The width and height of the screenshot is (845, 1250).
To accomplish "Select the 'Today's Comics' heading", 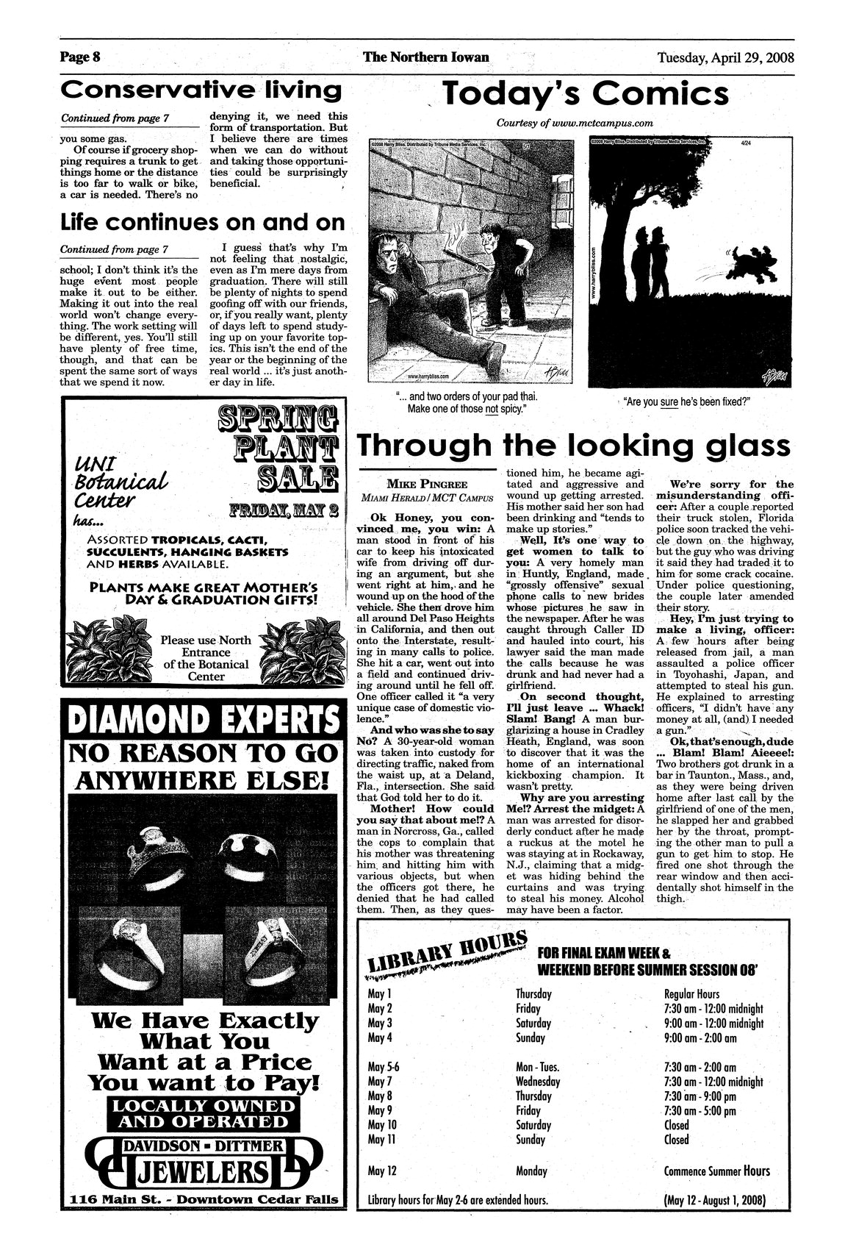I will (x=584, y=95).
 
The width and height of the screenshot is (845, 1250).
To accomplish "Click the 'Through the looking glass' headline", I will (x=572, y=446).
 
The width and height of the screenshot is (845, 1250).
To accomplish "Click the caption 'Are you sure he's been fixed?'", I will (x=690, y=402).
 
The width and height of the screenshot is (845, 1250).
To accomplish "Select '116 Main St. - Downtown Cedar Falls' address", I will (x=204, y=1199).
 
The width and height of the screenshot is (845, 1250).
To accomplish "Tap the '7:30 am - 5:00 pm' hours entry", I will (x=700, y=1111).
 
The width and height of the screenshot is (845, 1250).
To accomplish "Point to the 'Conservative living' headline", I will (x=202, y=90).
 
